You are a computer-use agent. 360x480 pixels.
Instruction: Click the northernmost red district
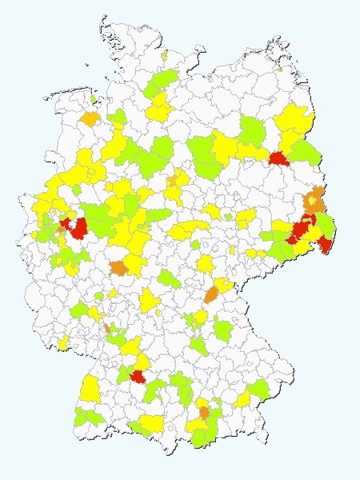pos(278,158)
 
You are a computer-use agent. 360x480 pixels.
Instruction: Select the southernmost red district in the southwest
pos(138,378)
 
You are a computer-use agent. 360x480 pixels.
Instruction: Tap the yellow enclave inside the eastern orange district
pos(313,201)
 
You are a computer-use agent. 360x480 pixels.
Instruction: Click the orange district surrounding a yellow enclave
pos(318,194)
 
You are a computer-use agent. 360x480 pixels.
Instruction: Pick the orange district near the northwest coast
pos(89,119)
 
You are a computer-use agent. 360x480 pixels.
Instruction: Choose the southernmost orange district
pos(205,413)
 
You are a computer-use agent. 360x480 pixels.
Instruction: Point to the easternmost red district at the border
pos(325,243)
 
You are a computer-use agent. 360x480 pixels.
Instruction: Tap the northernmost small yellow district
pos(163,57)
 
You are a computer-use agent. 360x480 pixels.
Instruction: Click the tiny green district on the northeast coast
pos(279,69)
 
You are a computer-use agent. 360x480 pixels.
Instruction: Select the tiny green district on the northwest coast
pos(94,100)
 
